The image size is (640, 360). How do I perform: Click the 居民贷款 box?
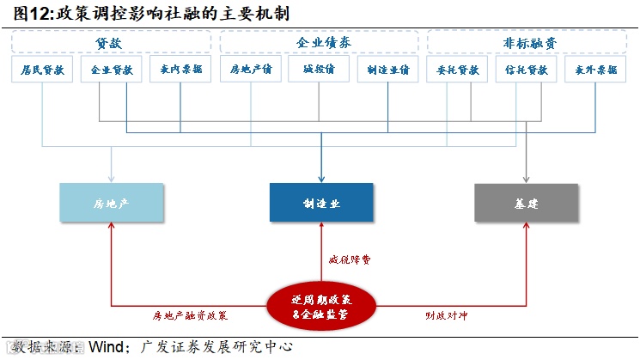coord(43,70)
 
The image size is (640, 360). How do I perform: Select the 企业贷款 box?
coord(112,70)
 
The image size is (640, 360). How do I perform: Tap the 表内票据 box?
coord(180,70)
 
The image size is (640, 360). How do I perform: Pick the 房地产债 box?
coord(251,70)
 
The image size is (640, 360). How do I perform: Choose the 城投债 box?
coord(320,70)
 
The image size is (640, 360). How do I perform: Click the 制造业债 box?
coord(388,70)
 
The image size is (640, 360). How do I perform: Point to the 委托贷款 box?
coord(457,70)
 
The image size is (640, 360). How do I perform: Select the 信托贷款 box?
coord(526,70)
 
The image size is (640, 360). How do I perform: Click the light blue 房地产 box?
coord(113,204)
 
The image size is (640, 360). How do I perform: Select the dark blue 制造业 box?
coord(320,204)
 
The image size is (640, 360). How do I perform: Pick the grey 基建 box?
coord(527,204)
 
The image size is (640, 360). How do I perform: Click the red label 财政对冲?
coord(448,315)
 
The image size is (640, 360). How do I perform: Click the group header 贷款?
coord(112,41)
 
